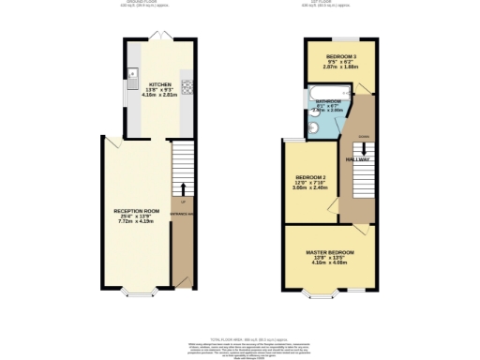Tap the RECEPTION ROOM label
(x=134, y=211)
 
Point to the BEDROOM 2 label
(x=310, y=178)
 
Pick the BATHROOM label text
(x=328, y=100)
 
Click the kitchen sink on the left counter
(x=132, y=73)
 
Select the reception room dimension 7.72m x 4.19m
(x=134, y=222)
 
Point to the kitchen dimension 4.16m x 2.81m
(x=157, y=94)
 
